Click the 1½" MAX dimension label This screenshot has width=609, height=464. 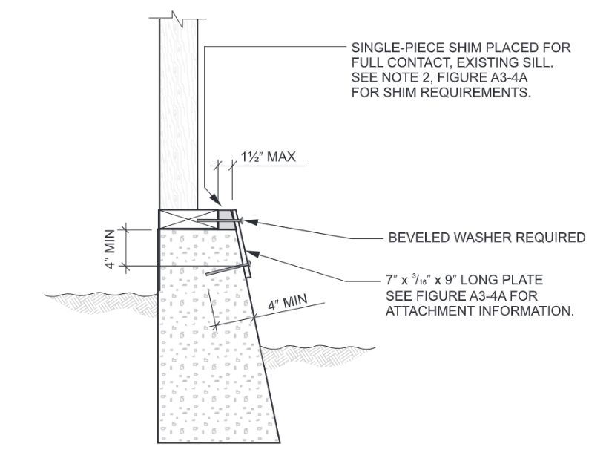(x=268, y=157)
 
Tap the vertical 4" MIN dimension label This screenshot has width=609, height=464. (x=110, y=249)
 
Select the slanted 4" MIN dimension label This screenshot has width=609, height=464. (x=288, y=302)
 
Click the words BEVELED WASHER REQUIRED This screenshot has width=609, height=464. (x=487, y=238)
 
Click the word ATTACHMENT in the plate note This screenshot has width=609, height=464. (x=430, y=311)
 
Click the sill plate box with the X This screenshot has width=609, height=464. (x=188, y=220)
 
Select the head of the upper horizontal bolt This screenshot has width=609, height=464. (x=242, y=220)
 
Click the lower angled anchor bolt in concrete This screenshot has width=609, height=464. (x=228, y=269)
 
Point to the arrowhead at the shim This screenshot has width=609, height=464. (x=216, y=200)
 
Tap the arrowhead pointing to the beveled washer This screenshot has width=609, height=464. (x=251, y=222)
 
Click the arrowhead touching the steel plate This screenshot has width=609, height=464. (x=252, y=253)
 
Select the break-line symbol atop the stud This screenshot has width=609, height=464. (x=177, y=19)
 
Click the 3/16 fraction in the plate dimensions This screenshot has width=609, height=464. (x=421, y=279)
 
